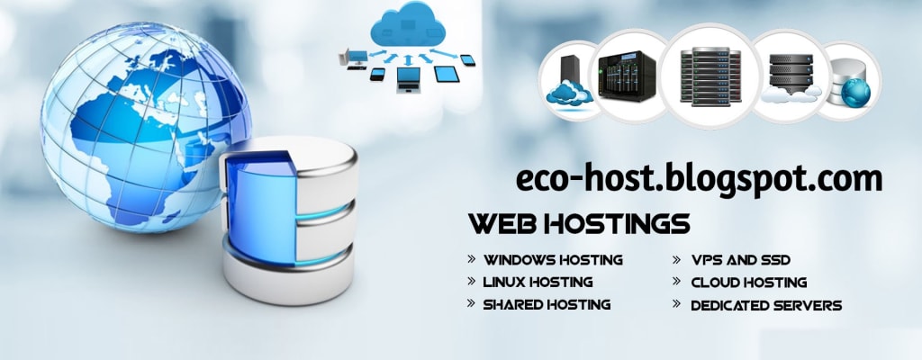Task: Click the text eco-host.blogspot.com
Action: point(698,179)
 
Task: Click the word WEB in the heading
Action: point(502,222)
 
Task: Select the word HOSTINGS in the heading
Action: point(617,222)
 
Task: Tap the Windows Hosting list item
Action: point(553,259)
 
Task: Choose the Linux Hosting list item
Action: point(538,282)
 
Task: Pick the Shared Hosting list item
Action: point(547,304)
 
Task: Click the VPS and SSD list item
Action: point(740,259)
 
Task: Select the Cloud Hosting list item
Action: point(748,282)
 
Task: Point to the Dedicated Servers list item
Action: point(765,305)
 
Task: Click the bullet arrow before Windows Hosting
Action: point(472,258)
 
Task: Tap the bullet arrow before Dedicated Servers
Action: point(677,304)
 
